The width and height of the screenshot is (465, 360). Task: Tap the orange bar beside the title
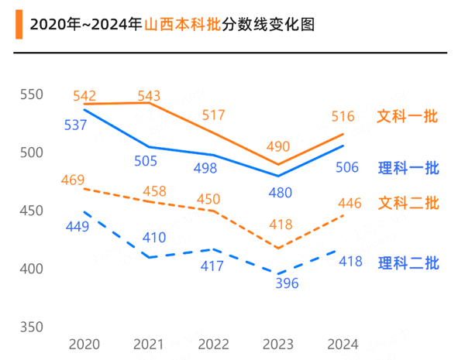18,25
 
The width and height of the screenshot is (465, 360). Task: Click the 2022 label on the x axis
213,344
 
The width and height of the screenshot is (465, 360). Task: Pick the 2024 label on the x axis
343,344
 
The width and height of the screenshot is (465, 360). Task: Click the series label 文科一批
408,117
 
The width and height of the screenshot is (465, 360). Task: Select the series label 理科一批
408,168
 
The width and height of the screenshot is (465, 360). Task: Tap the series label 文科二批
408,204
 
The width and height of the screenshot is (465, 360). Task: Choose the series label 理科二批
408,263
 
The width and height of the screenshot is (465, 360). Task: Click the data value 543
149,96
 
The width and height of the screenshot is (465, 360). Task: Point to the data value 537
75,125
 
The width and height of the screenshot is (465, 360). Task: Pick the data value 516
343,117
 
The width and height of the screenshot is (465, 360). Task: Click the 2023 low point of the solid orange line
278,165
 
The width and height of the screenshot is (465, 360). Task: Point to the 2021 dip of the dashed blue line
149,257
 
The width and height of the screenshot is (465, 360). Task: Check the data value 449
77,228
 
